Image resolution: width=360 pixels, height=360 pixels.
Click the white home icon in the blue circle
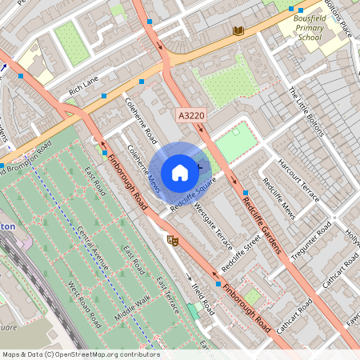(x=180, y=172)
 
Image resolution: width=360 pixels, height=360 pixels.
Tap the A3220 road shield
(x=191, y=116)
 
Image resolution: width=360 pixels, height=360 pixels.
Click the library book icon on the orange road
(x=238, y=30)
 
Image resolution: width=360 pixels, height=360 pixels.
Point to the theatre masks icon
(x=171, y=239)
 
